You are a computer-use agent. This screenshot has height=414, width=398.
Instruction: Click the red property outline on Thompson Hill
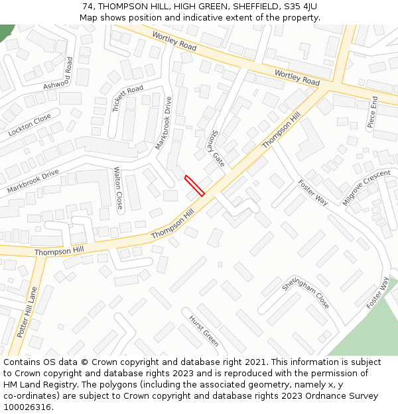pyautogui.click(x=194, y=185)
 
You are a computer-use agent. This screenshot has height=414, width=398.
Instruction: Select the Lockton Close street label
pyautogui.click(x=30, y=125)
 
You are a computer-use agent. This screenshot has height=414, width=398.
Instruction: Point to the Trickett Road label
pyautogui.click(x=127, y=99)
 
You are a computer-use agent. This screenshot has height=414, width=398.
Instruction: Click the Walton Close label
pyautogui.click(x=118, y=187)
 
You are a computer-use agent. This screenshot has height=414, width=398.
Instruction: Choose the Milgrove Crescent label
pyautogui.click(x=367, y=187)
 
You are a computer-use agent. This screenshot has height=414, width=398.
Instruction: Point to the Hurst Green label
pyautogui.click(x=204, y=329)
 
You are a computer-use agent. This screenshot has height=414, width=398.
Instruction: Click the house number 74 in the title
pyautogui.click(x=88, y=6)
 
